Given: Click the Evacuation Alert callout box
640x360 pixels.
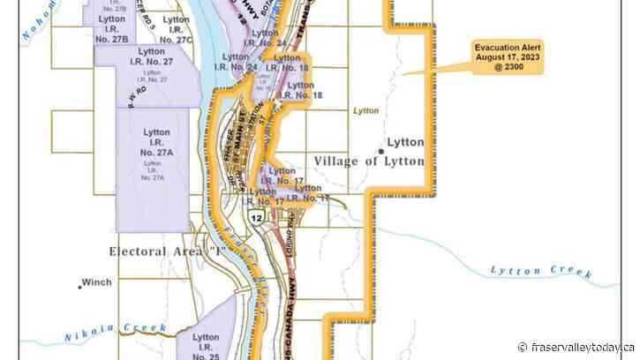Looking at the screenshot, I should coord(509,57).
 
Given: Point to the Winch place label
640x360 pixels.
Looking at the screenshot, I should coord(96,283).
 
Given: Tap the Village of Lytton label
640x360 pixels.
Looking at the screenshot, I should coord(369,161).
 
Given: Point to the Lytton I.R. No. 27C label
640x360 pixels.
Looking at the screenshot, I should coord(176,29).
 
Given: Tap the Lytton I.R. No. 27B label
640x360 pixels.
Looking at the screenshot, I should coord(113,29).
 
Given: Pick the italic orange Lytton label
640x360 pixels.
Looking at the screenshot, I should coord(365,112).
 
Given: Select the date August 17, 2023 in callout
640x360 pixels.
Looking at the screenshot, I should coord(509,56).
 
